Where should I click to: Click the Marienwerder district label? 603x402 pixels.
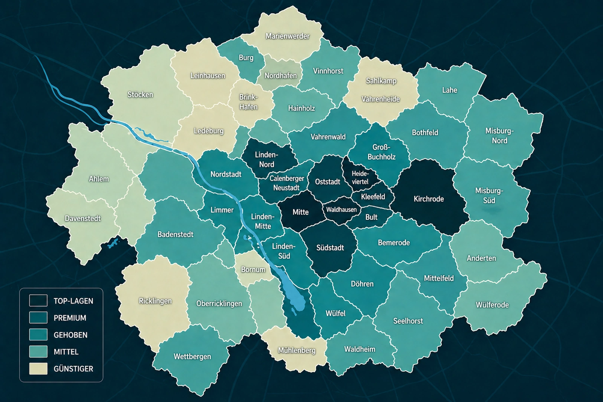pyautogui.click(x=287, y=36)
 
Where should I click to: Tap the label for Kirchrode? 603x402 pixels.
pyautogui.click(x=429, y=199)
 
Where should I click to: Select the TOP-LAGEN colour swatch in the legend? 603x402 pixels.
pyautogui.click(x=38, y=301)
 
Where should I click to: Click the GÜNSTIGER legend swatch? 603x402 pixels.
pyautogui.click(x=38, y=368)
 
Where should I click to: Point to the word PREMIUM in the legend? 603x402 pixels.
pyautogui.click(x=70, y=318)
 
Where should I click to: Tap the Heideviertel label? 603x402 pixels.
pyautogui.click(x=360, y=178)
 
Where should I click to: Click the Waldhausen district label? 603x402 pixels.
pyautogui.click(x=341, y=210)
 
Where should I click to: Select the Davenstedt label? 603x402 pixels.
pyautogui.click(x=83, y=218)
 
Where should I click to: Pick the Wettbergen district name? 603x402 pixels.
pyautogui.click(x=192, y=356)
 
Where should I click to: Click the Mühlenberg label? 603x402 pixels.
pyautogui.click(x=297, y=350)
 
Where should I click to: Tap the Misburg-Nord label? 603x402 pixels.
pyautogui.click(x=499, y=136)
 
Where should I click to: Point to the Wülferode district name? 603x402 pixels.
pyautogui.click(x=492, y=305)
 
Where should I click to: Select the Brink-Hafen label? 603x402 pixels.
pyautogui.click(x=248, y=102)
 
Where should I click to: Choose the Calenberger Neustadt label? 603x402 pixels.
pyautogui.click(x=286, y=183)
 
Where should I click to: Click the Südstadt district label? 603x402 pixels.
pyautogui.click(x=330, y=248)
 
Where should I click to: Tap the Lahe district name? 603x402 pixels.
pyautogui.click(x=450, y=90)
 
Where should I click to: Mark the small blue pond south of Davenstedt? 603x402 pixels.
pyautogui.click(x=113, y=243)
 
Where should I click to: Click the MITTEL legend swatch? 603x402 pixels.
pyautogui.click(x=38, y=351)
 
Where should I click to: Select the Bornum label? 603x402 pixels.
pyautogui.click(x=253, y=270)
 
